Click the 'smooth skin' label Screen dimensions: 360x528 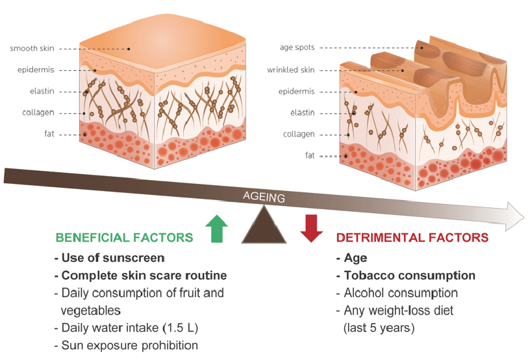pos(32,49)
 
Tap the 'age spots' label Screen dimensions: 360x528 pos(296,47)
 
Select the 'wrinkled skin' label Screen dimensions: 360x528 pos(290,70)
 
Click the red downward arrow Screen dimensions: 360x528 pos(312,228)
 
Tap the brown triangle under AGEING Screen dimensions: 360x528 pos(264,227)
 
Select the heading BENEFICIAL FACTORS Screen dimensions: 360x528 pos(124,238)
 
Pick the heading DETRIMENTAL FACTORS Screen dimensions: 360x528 pos(412,238)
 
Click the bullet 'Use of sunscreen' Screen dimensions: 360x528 pos(109,258)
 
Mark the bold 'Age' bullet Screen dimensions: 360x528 pos(355,258)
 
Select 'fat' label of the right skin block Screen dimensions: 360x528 pos(310,156)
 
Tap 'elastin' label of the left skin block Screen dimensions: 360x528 pos(42,92)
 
